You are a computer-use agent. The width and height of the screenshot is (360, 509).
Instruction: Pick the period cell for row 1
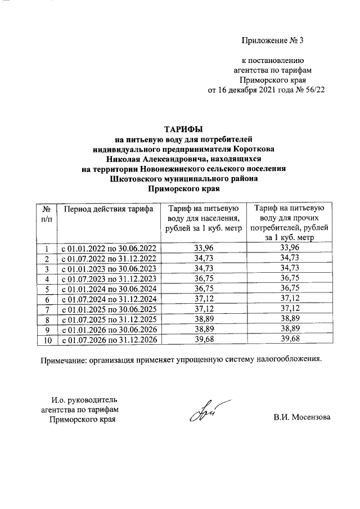[108, 247]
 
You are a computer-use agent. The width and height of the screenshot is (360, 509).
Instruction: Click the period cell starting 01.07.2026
[108, 339]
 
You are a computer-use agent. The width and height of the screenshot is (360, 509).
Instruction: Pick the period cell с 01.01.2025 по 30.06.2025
[108, 309]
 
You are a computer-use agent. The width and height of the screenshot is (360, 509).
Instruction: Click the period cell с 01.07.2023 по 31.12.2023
[108, 278]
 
